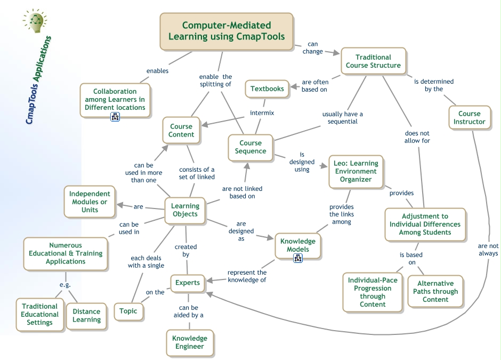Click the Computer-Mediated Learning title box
227,31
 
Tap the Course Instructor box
469,117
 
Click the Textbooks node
267,89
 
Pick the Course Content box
181,131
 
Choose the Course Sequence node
250,147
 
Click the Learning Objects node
185,210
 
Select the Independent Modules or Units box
90,202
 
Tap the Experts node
188,283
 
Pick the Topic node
128,311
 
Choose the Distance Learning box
86,315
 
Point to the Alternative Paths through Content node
435,291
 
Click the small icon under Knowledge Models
298,258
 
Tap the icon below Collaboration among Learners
115,117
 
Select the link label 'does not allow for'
417,137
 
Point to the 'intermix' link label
262,113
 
